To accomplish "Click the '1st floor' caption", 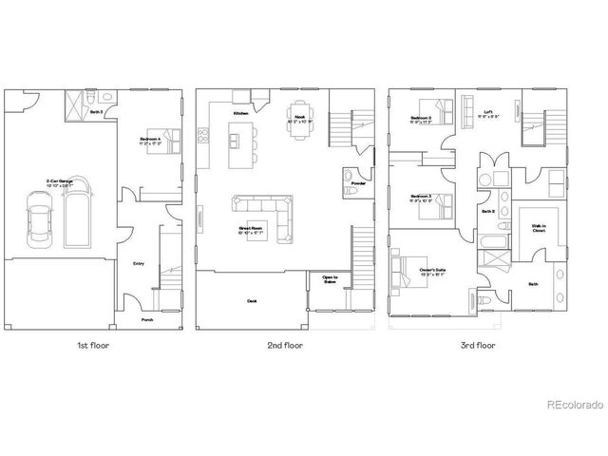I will click(x=93, y=346).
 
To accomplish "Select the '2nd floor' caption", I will click(x=285, y=346).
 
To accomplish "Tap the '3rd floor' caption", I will click(x=473, y=346).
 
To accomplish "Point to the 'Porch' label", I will click(x=146, y=319).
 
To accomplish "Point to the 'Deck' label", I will click(x=252, y=300).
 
